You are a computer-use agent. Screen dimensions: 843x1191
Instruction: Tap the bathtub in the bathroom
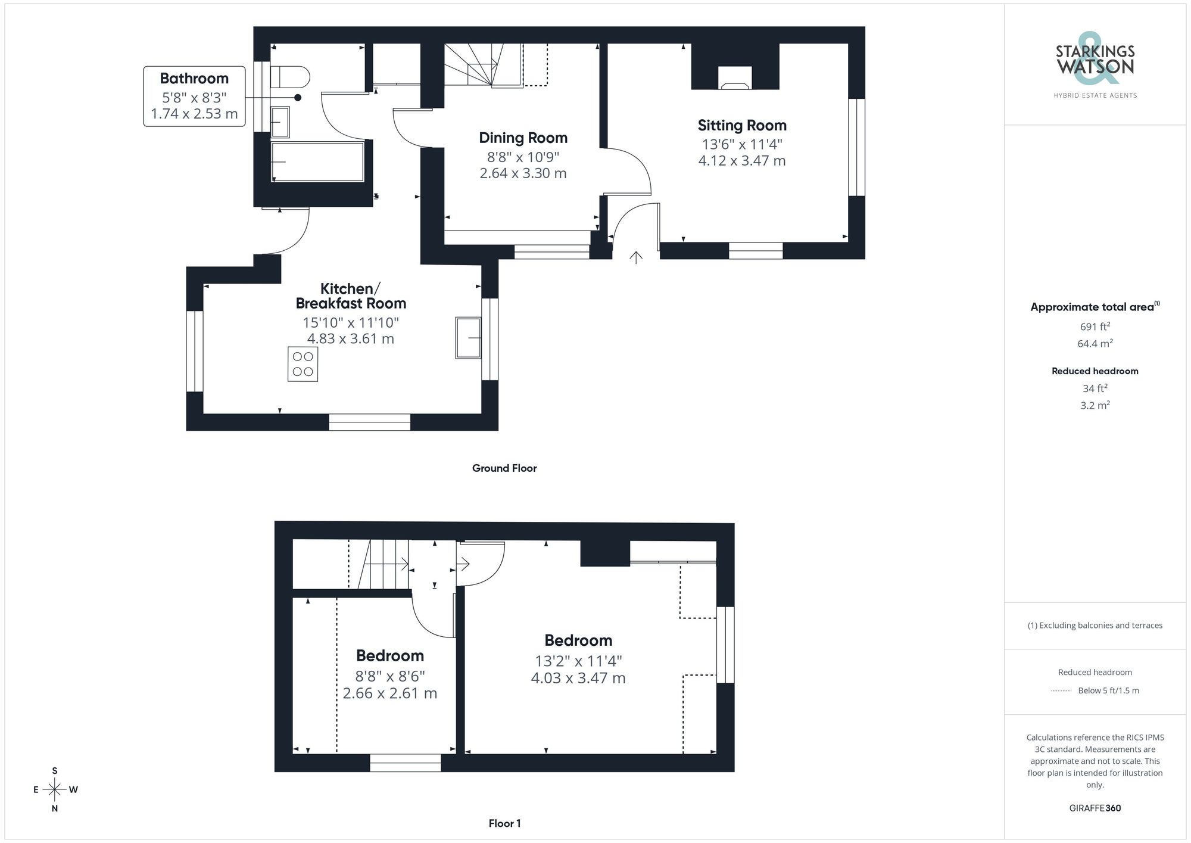pyautogui.click(x=317, y=161)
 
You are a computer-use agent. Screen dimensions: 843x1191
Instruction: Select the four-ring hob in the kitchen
pyautogui.click(x=303, y=364)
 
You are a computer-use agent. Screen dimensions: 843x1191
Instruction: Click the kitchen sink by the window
pyautogui.click(x=468, y=338)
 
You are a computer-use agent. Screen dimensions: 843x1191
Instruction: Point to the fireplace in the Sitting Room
pyautogui.click(x=735, y=78)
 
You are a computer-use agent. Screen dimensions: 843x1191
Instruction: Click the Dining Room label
pyautogui.click(x=523, y=138)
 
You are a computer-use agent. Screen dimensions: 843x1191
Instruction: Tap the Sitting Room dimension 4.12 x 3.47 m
pyautogui.click(x=741, y=161)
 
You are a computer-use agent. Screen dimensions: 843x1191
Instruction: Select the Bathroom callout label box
pyautogui.click(x=194, y=96)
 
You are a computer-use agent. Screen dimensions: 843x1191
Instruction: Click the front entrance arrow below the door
pyautogui.click(x=636, y=257)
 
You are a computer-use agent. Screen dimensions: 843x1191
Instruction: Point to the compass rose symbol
pyautogui.click(x=55, y=790)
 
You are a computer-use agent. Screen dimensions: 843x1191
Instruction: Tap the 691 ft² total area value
pyautogui.click(x=1095, y=326)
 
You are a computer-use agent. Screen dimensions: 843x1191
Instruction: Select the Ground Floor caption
pyautogui.click(x=504, y=468)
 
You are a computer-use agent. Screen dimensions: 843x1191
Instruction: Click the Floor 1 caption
pyautogui.click(x=504, y=823)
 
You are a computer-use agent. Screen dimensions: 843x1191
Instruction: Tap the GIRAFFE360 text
pyautogui.click(x=1095, y=808)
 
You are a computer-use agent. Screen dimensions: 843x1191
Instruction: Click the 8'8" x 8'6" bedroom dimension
pyautogui.click(x=389, y=676)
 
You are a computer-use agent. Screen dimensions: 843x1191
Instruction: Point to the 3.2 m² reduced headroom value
pyautogui.click(x=1095, y=406)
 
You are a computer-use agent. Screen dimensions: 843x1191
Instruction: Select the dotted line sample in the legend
pyautogui.click(x=1061, y=691)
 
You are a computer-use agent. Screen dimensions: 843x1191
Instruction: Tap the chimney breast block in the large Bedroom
pyautogui.click(x=604, y=553)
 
